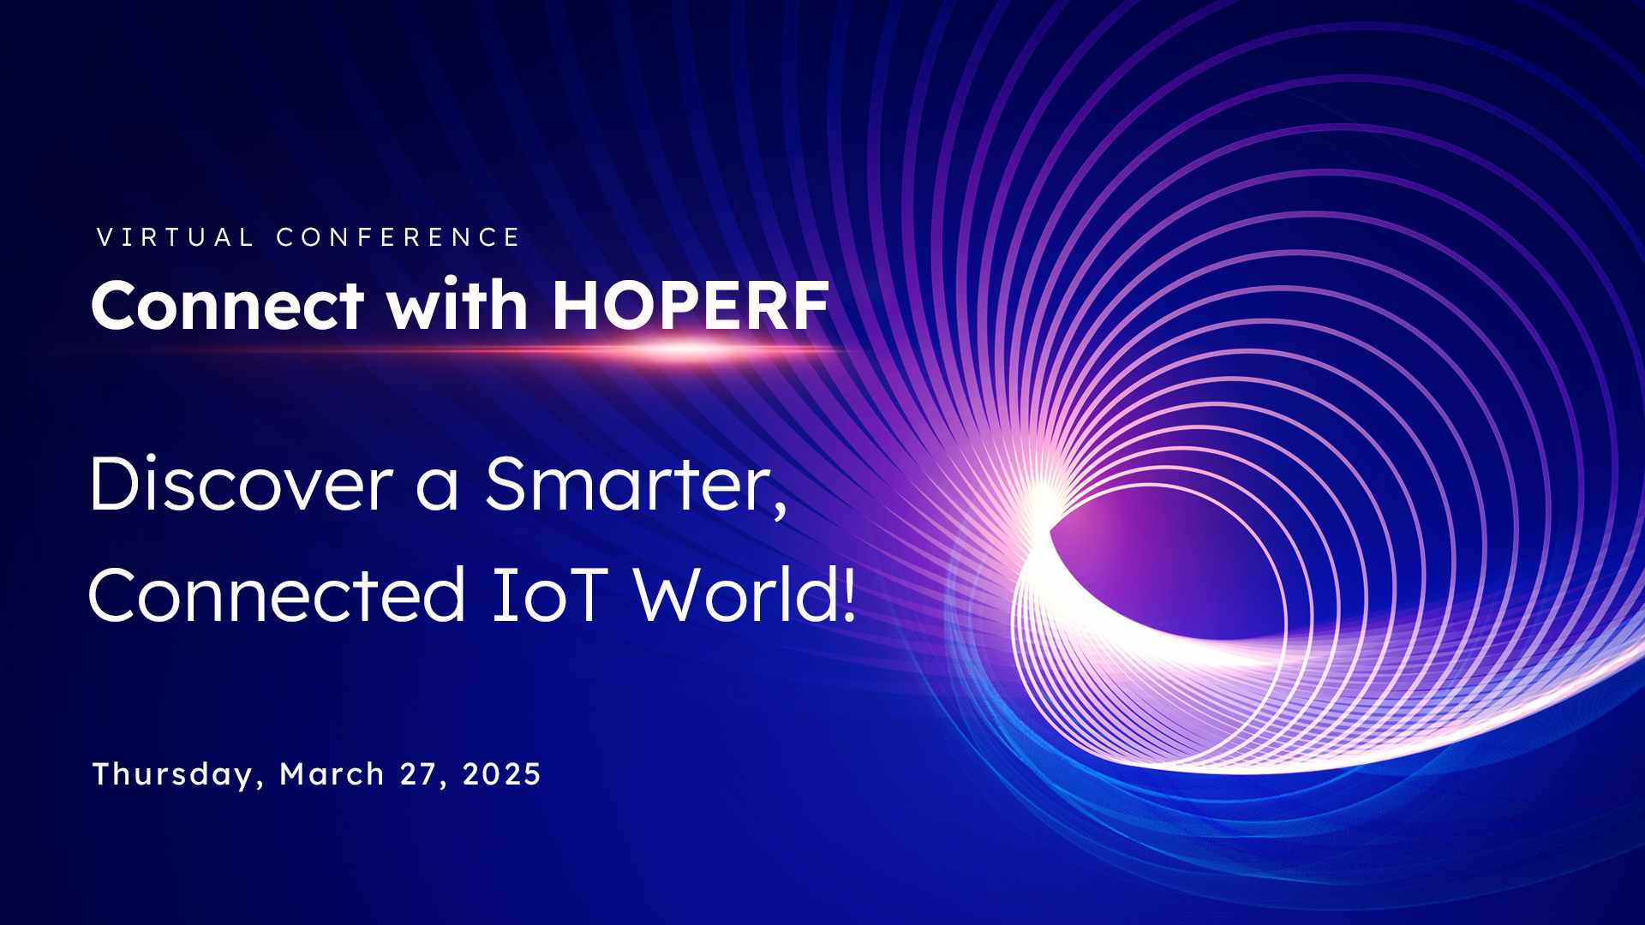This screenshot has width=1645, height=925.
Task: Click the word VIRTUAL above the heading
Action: pos(175,237)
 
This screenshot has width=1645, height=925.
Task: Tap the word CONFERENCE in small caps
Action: pos(398,237)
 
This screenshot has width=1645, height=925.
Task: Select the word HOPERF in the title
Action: pos(691,306)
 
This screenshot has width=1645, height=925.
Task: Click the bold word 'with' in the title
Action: pos(457,306)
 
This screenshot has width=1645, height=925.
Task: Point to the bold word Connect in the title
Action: pos(228,307)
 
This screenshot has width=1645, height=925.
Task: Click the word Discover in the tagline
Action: pos(241,485)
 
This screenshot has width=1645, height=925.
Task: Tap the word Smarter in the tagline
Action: pos(630,485)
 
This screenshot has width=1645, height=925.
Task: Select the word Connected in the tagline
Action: pos(277,595)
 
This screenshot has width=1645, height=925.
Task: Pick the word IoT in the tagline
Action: pos(549,595)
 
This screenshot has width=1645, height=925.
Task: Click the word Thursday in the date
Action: pos(172,774)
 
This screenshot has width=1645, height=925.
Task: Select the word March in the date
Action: pos(332,774)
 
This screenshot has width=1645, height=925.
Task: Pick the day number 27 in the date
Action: pos(419,774)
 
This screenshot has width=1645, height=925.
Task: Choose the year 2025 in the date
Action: pos(501,774)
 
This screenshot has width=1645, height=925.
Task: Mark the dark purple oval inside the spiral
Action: pos(1165,565)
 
